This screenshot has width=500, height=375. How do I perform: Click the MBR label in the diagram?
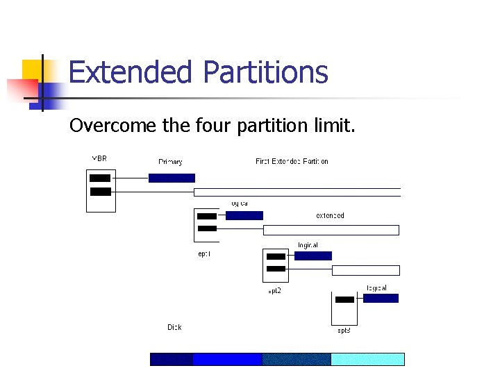pyautogui.click(x=99, y=158)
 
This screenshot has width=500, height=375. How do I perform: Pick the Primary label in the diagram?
pyautogui.click(x=170, y=162)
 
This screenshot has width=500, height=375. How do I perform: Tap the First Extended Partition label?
pyautogui.click(x=292, y=161)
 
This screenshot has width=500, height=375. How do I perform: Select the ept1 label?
pyautogui.click(x=204, y=254)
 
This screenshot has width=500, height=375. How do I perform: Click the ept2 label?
pyautogui.click(x=274, y=291)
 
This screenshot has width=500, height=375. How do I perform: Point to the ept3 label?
pyautogui.click(x=344, y=331)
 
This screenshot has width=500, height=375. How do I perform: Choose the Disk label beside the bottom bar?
pyautogui.click(x=174, y=327)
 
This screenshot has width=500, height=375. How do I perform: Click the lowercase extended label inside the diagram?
pyautogui.click(x=330, y=215)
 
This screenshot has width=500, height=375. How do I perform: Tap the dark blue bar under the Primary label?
pyautogui.click(x=172, y=178)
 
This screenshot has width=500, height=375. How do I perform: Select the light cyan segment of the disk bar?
pyautogui.click(x=367, y=359)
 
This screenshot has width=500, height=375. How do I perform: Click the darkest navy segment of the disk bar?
pyautogui.click(x=172, y=359)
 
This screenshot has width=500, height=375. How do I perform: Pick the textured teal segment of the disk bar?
pyautogui.click(x=296, y=359)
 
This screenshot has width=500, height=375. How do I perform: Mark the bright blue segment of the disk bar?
pyautogui.click(x=227, y=359)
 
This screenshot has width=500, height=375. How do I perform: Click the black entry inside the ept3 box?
pyautogui.click(x=344, y=300)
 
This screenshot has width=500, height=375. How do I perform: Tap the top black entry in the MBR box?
pyautogui.click(x=100, y=178)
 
